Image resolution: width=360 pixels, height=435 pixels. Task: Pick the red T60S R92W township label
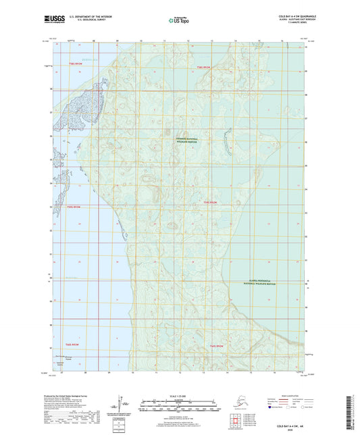point(211,202)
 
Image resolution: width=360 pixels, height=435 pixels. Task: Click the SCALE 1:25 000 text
point(180,396)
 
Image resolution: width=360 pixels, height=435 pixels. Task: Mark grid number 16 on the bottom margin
point(274,372)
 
